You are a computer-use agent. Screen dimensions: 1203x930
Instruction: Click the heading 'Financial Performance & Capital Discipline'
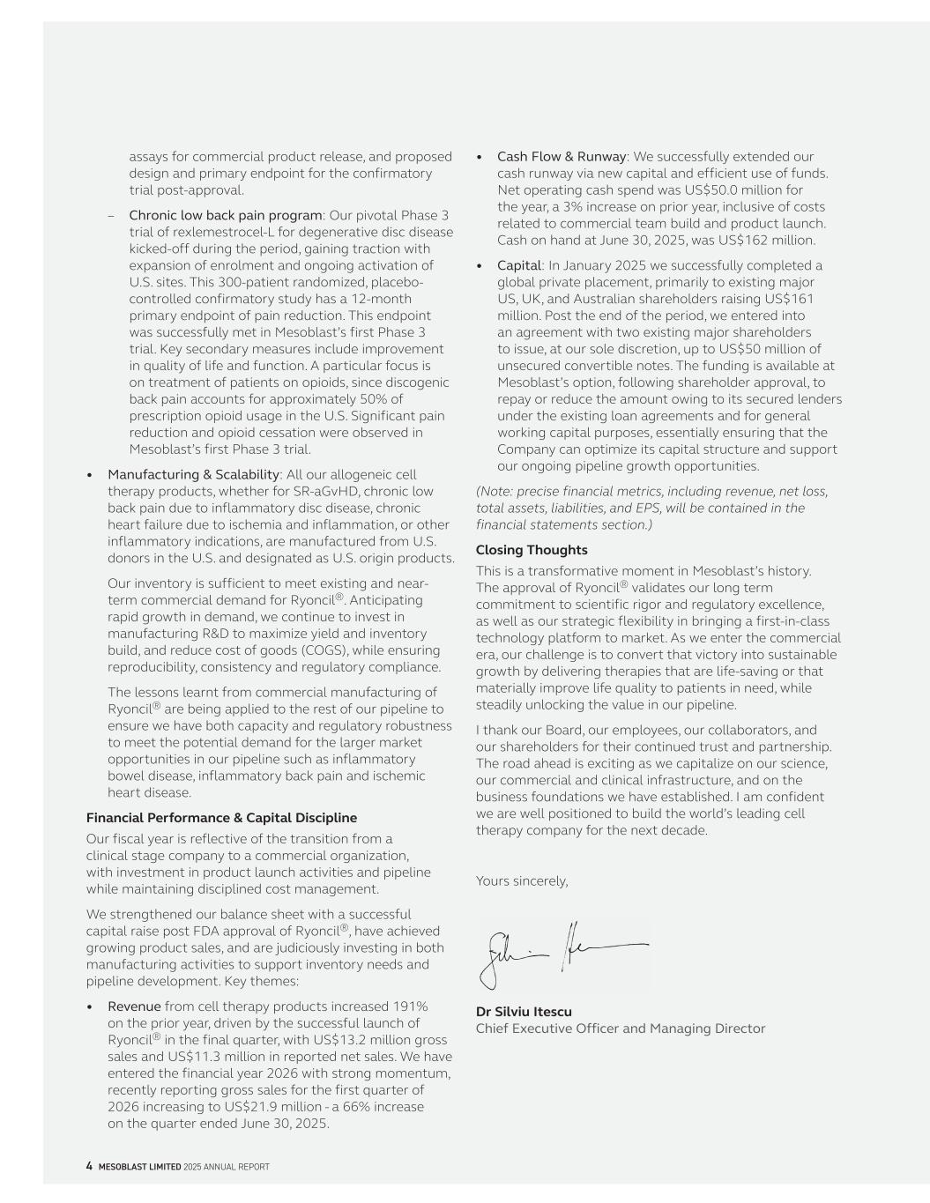(x=221, y=818)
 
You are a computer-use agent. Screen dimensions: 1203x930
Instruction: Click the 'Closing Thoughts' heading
(x=532, y=550)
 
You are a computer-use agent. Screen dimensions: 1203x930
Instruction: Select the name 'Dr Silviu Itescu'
(x=524, y=1012)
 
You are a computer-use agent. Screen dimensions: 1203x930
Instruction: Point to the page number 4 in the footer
(x=89, y=1166)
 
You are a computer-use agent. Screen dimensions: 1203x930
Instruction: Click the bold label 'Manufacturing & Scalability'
(x=193, y=475)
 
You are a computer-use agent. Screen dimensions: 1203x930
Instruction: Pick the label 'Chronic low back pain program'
(x=226, y=215)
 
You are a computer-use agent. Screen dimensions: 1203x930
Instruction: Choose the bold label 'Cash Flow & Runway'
(x=562, y=157)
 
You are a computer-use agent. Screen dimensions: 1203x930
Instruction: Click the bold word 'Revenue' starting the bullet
(x=134, y=1006)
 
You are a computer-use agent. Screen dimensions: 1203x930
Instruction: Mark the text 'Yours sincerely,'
(x=522, y=880)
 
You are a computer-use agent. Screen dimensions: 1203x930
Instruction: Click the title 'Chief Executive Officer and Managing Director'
(x=621, y=1028)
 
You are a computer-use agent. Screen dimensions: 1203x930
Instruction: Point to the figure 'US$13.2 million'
(x=368, y=1040)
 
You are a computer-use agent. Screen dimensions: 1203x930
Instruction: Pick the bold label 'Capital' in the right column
(x=518, y=265)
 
